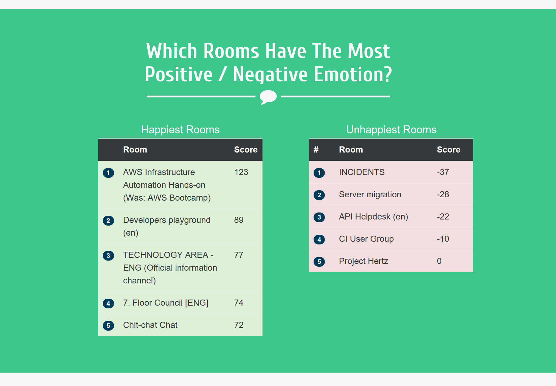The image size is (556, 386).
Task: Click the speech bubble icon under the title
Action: (x=268, y=97)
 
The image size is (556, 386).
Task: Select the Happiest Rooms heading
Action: (x=180, y=130)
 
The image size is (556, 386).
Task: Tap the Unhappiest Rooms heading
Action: (x=391, y=130)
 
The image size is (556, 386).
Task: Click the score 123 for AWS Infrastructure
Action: (x=241, y=172)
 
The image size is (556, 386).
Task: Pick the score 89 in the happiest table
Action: (x=239, y=220)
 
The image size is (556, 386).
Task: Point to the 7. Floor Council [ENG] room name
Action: (x=166, y=303)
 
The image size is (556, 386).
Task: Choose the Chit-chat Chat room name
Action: (x=150, y=325)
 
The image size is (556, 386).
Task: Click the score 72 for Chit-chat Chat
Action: (x=239, y=325)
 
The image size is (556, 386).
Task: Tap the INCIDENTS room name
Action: (x=362, y=172)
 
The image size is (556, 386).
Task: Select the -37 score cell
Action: (x=443, y=172)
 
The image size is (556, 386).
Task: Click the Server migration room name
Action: (x=370, y=195)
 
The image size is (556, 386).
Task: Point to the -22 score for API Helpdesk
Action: (x=443, y=217)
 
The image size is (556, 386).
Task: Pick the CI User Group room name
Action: (x=366, y=239)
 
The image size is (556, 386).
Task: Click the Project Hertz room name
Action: (x=363, y=261)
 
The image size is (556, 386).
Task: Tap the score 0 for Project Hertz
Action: (x=439, y=261)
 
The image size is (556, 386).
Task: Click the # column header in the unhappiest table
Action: (x=316, y=150)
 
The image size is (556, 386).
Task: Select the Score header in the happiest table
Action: (x=246, y=150)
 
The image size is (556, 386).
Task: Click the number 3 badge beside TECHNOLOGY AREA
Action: (x=108, y=256)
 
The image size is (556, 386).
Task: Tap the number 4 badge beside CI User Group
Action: (x=319, y=240)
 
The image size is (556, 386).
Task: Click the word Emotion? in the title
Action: (x=353, y=74)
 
